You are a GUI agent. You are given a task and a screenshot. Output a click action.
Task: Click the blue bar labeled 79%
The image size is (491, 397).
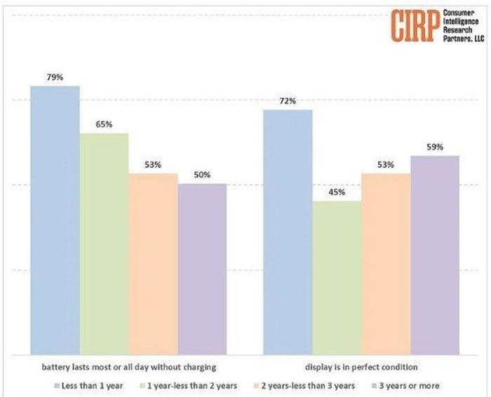pos(55,221)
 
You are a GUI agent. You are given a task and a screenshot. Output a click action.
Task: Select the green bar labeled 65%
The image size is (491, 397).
pos(104,245)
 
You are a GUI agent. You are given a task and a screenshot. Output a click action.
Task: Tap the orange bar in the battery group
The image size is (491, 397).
pos(153,264)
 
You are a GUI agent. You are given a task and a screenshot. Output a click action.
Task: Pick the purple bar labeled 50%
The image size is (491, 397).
pos(202,269)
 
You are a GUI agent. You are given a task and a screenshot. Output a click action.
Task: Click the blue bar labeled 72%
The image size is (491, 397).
pos(288,233)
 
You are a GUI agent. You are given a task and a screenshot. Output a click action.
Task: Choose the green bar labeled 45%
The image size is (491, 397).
pos(337,278)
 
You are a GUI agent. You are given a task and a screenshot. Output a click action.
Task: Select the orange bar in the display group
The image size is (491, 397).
pos(386,264)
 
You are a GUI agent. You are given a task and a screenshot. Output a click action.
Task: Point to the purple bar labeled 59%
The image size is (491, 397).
pos(435,255)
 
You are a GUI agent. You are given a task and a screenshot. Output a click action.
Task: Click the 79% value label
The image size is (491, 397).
pos(55,77)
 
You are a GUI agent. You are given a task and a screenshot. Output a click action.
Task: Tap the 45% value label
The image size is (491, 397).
pos(337,193)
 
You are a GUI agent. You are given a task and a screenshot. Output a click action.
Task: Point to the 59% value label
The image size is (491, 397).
pos(435,147)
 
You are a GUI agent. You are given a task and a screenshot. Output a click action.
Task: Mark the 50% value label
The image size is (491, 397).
pos(202,175)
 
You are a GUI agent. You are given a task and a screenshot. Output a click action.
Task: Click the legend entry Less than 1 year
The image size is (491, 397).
pos(88,386)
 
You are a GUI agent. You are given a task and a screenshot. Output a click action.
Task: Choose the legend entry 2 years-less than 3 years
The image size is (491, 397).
pos(304,386)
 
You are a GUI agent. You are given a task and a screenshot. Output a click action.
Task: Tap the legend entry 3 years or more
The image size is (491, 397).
pos(406,386)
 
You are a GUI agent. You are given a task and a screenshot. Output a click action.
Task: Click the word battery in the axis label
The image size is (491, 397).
pos(54,367)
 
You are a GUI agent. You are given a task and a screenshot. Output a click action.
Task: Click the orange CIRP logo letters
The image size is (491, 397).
pos(415,25)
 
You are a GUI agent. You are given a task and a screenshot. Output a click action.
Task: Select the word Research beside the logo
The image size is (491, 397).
pos(457,30)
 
